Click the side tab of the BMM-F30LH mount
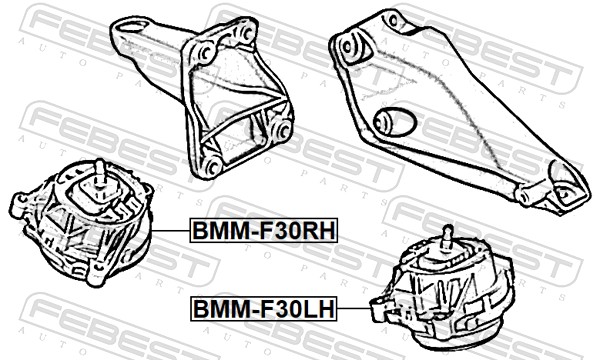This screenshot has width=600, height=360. tap(378, 309)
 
